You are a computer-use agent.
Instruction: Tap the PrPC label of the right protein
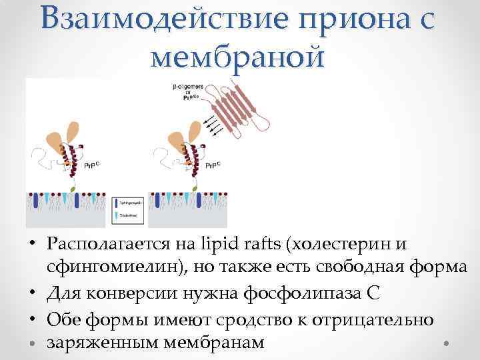coord(213,165)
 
